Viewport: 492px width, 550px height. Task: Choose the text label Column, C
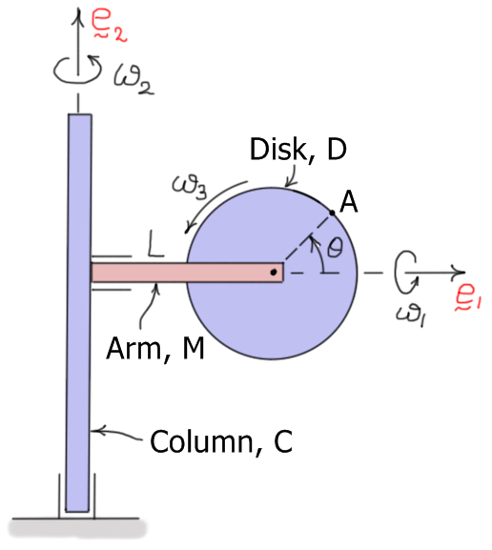coord(219,442)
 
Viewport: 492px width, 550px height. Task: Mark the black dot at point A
coord(331,212)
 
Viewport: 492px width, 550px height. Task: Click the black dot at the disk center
coord(274,273)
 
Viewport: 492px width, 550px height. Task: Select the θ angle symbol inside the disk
coord(335,247)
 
